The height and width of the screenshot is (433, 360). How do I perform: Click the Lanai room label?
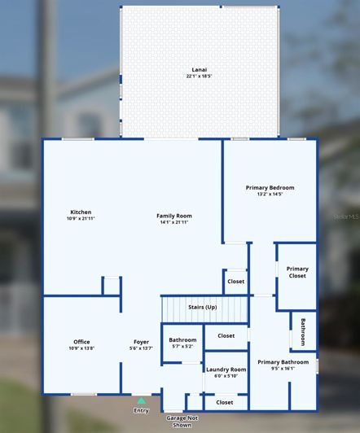tap(199, 70)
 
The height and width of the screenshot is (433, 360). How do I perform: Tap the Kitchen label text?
tap(81, 212)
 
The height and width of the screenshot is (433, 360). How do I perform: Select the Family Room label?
tap(173, 216)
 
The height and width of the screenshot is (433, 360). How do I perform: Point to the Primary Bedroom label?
tap(270, 188)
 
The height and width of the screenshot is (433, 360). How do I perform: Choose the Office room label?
tap(81, 342)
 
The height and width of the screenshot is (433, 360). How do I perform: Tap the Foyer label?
tap(142, 342)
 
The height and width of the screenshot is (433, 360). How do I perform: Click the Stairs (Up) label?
tap(203, 307)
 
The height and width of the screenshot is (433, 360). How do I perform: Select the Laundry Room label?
tap(226, 370)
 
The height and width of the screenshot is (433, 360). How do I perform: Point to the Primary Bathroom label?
tap(283, 362)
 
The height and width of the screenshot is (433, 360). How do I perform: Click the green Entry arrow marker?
tap(142, 400)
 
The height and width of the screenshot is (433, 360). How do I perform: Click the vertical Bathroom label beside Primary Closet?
tap(303, 331)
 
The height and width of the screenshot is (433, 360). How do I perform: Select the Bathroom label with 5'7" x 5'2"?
tap(182, 339)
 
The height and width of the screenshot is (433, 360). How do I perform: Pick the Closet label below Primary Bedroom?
tap(235, 282)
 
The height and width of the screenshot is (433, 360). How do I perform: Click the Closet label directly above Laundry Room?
tap(226, 335)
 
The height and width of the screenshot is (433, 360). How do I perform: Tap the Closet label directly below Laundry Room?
tap(225, 402)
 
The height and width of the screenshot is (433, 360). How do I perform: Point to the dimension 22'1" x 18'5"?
tap(199, 77)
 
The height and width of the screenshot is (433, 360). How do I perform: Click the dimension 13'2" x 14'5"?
tap(270, 195)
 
